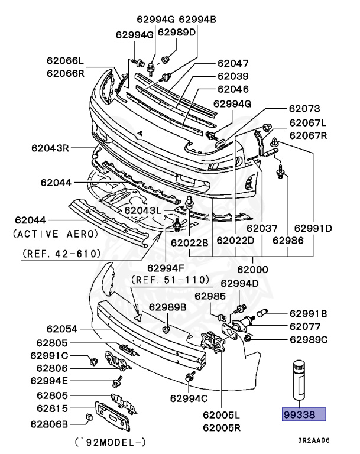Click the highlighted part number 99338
(303, 415)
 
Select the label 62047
(233, 63)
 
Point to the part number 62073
(304, 109)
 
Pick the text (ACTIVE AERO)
(56, 234)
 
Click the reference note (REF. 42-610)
(61, 254)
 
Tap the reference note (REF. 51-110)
(170, 279)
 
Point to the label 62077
(305, 326)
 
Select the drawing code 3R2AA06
(313, 440)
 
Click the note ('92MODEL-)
(110, 442)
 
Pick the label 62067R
(307, 135)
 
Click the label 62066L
(66, 60)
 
